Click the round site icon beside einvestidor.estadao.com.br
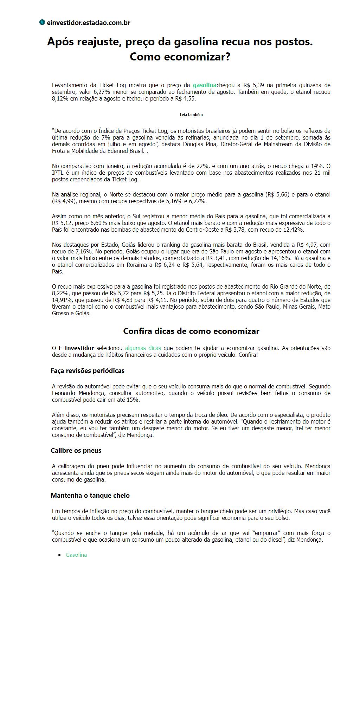42,22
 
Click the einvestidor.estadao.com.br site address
89,23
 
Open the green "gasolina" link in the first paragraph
204,85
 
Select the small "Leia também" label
191,115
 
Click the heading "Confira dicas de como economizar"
191,331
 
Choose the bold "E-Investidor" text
76,348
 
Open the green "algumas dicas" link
143,348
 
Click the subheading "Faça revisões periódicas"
87,370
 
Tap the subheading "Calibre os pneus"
76,450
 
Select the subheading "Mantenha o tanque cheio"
90,495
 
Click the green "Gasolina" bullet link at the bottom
76,555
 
